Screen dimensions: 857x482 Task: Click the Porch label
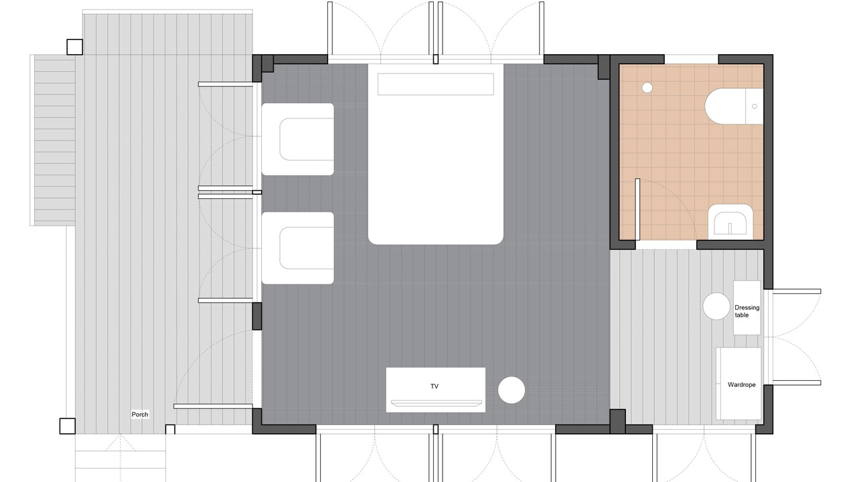[x=140, y=414]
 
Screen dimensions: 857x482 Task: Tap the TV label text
[x=435, y=386]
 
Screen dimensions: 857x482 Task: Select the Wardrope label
[x=741, y=385]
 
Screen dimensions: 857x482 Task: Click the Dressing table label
[x=747, y=311]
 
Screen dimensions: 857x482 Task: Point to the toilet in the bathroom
[x=734, y=106]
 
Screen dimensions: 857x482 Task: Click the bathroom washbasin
[x=730, y=222]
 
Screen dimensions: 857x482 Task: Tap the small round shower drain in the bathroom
[x=647, y=88]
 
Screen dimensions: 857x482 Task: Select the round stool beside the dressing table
[x=716, y=306]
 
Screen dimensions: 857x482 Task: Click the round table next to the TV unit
[x=511, y=390]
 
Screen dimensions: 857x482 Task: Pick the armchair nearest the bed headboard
[x=298, y=139]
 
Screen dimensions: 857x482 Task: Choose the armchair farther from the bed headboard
[x=298, y=248]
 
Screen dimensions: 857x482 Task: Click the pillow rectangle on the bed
[x=435, y=84]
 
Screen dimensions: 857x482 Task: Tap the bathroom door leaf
[x=637, y=210]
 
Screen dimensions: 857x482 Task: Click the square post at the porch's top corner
[x=74, y=47]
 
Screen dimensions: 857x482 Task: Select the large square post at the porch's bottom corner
[x=68, y=426]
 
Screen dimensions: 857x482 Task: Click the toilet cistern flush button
[x=755, y=106]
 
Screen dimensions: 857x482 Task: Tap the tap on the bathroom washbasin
[x=730, y=228]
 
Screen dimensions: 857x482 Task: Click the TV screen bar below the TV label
[x=436, y=403]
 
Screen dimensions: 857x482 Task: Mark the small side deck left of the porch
[x=53, y=141]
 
